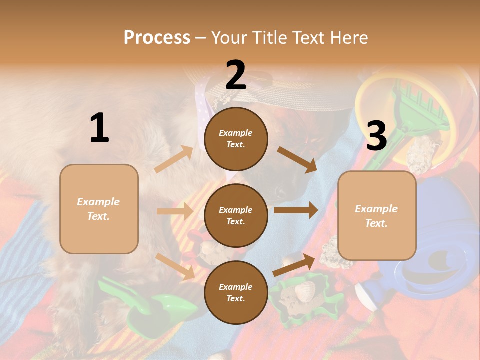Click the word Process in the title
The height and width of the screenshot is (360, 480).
(157, 37)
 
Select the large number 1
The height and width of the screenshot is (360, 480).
(99, 128)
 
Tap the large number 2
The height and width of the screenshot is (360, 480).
(236, 75)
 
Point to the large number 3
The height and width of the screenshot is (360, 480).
(376, 136)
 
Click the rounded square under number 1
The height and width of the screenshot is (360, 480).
(99, 209)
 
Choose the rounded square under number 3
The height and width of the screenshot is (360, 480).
(377, 215)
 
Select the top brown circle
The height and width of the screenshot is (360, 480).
(236, 139)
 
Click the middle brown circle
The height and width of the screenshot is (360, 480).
(236, 215)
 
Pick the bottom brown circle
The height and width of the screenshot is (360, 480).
(236, 292)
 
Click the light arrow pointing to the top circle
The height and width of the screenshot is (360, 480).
(174, 159)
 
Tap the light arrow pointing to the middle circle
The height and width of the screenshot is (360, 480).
(175, 211)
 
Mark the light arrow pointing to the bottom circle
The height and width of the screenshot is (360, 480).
(175, 266)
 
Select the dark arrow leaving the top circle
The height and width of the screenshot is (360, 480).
(297, 159)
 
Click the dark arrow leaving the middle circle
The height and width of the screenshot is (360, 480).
(295, 210)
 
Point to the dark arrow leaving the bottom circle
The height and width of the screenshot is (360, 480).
(294, 265)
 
